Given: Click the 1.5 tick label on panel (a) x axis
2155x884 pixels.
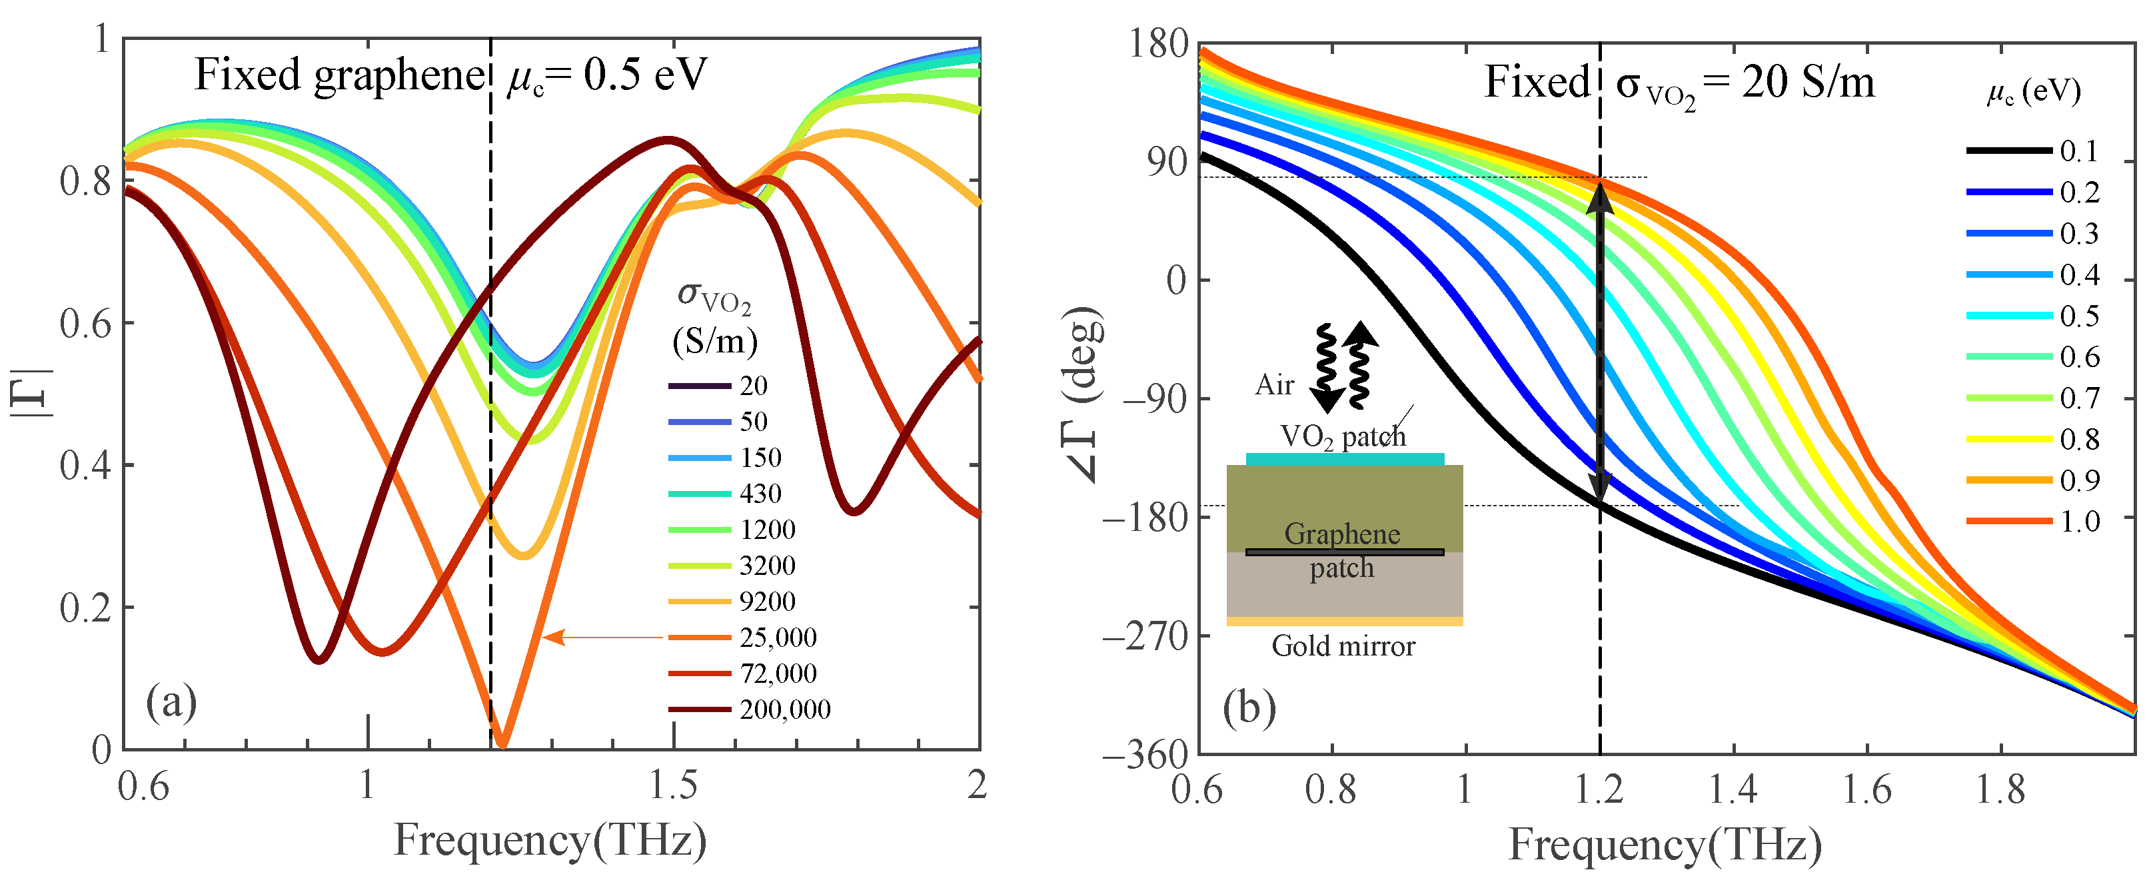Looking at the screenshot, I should coord(674,785).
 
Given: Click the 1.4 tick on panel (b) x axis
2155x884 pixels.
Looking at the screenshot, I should coord(1733,789).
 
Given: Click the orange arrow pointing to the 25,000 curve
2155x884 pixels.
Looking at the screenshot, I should coord(602,638).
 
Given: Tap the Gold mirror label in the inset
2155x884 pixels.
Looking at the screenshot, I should coord(1343,646).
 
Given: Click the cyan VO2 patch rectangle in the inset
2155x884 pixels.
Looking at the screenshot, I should coord(1344,459).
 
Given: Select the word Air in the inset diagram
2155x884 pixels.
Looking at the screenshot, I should coord(1274,385).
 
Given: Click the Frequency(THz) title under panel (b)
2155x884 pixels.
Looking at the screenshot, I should coord(1665,845).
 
